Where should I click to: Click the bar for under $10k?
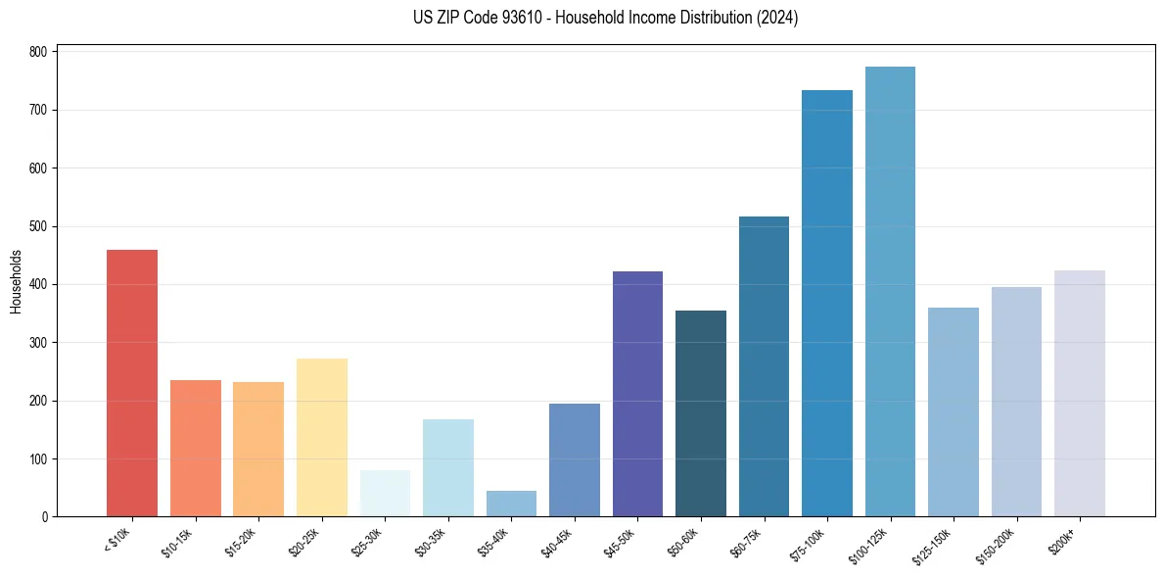pos(132,383)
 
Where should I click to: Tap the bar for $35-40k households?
pos(511,504)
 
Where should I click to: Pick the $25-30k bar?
pos(385,493)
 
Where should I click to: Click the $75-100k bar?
pos(826,304)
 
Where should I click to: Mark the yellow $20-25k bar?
pos(321,437)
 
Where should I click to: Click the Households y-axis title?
pos(16,281)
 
